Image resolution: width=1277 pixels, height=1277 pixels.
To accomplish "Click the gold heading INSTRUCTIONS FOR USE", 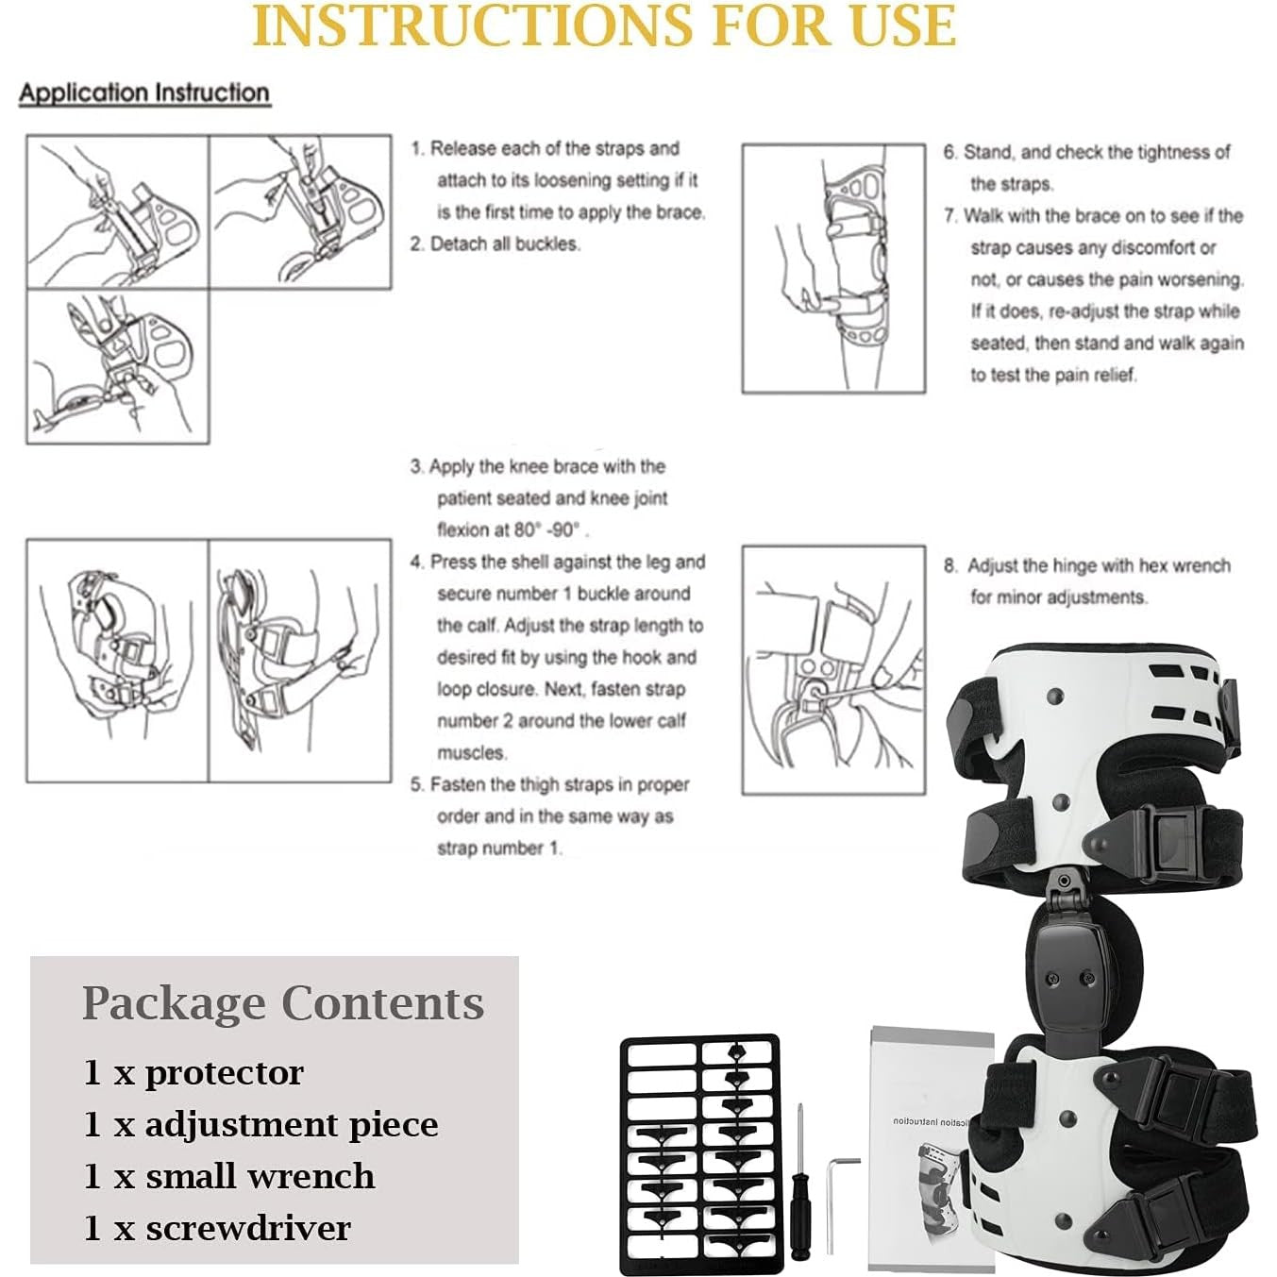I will click(x=604, y=26).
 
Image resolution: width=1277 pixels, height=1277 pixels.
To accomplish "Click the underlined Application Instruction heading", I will click(x=144, y=93).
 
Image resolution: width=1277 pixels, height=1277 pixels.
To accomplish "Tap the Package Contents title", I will click(x=282, y=1002).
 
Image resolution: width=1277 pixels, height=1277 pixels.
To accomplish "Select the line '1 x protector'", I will click(x=193, y=1072).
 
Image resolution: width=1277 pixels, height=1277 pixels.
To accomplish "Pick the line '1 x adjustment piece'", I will click(x=260, y=1124).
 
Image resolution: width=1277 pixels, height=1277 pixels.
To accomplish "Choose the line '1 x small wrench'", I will click(x=229, y=1176).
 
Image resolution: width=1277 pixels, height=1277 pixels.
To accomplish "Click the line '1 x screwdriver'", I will click(x=217, y=1228).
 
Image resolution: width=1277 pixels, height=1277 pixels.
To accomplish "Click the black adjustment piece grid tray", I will click(x=699, y=1153).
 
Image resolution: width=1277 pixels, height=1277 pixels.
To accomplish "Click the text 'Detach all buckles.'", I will click(x=505, y=244).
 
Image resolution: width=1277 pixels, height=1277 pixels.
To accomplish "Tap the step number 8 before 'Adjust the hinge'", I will click(x=949, y=566).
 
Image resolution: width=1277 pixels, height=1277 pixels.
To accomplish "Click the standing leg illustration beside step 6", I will click(x=833, y=269).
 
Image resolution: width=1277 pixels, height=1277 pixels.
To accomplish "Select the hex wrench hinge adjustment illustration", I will click(x=833, y=669).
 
